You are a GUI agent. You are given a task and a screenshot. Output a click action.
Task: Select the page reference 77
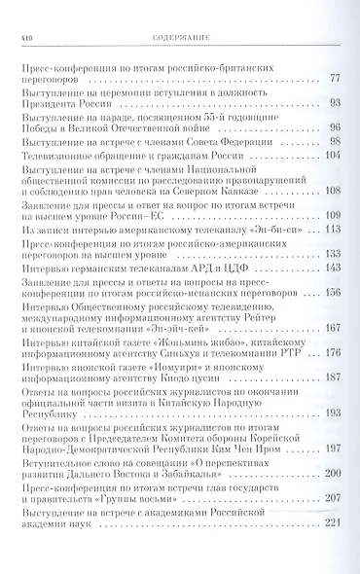[x=335, y=79]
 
